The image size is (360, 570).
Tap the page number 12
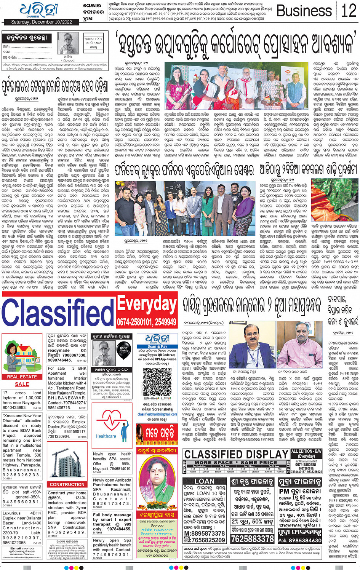pyautogui.click(x=349, y=10)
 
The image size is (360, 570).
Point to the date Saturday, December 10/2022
pyautogui.click(x=42, y=22)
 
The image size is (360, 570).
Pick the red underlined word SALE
pyautogui.click(x=22, y=384)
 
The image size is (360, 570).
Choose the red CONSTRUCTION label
pyautogui.click(x=67, y=484)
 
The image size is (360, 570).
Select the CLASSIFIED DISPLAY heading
pyautogui.click(x=236, y=454)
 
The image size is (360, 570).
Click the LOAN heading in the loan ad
pyautogui.click(x=204, y=481)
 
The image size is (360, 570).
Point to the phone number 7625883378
pyautogui.click(x=252, y=538)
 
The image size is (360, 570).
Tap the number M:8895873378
pyautogui.click(x=204, y=533)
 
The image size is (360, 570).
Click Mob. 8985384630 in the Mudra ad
pyautogui.click(x=300, y=540)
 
